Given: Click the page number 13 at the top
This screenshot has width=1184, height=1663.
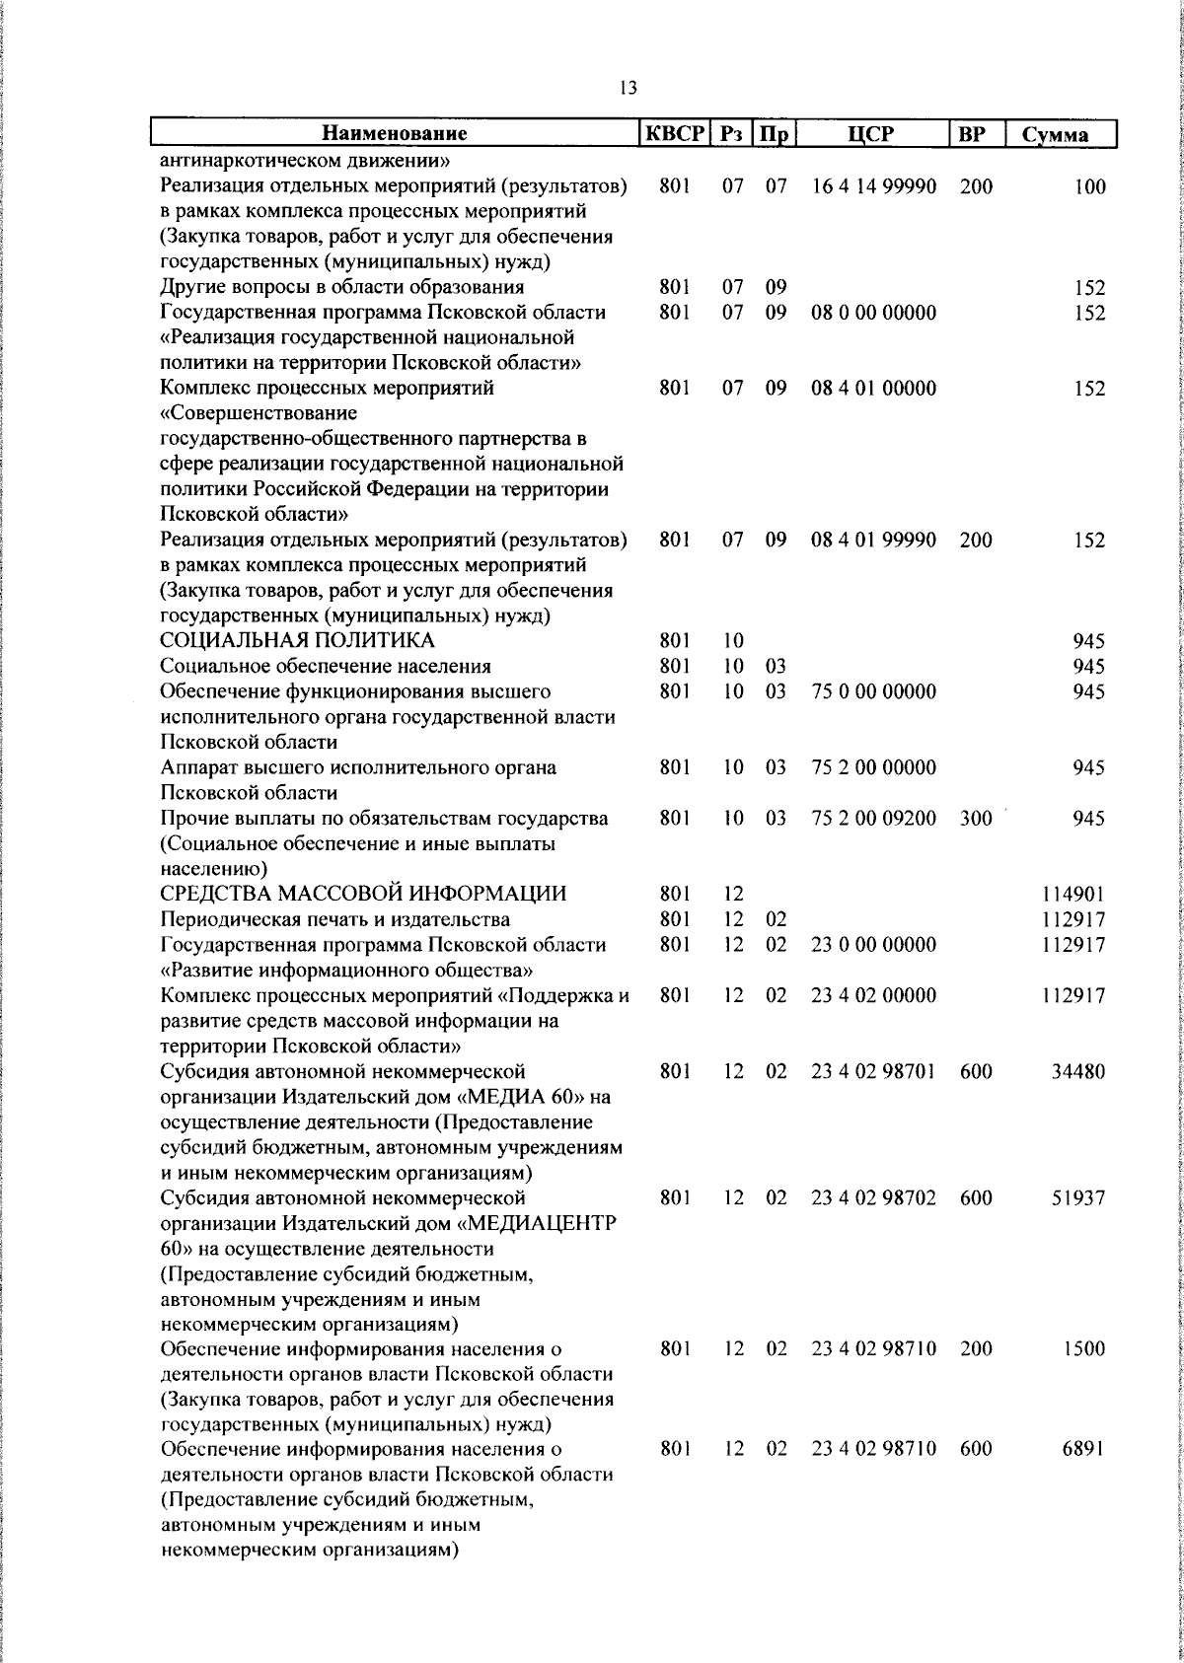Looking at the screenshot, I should coord(629,88).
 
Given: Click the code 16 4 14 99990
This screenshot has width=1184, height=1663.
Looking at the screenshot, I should coord(873,185).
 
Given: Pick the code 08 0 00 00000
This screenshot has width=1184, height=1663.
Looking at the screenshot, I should coord(873,313).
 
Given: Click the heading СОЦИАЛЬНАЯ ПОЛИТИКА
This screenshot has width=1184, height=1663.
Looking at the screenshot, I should coord(297,641).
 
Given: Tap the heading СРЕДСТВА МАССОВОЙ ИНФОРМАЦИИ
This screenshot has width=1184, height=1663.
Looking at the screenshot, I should coord(363,894).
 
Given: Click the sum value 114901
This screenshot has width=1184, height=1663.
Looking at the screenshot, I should coord(1073,895).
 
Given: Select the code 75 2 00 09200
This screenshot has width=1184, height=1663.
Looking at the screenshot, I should coord(873,818).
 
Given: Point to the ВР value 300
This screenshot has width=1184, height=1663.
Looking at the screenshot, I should coord(975,818).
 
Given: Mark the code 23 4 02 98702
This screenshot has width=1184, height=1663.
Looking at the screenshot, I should coord(873,1198).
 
